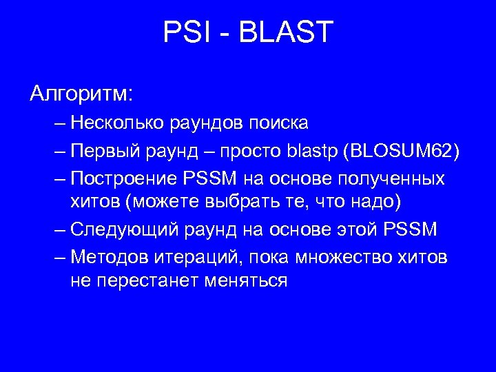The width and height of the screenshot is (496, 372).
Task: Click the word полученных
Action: [x=393, y=178]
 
